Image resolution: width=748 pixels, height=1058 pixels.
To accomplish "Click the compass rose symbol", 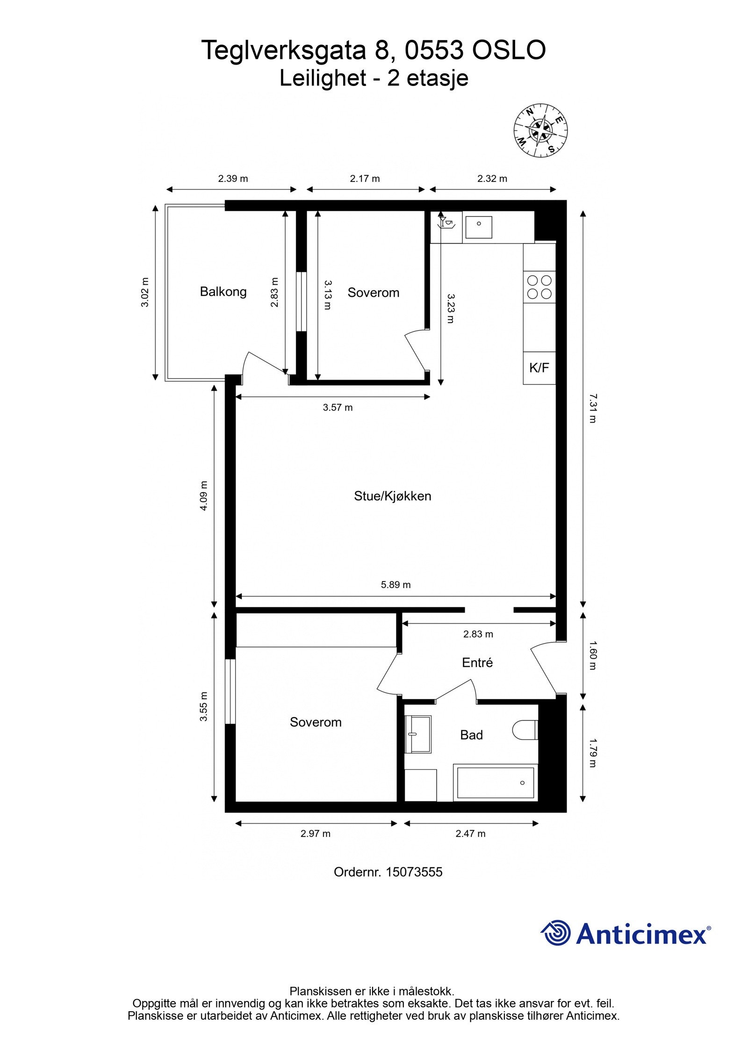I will [541, 130].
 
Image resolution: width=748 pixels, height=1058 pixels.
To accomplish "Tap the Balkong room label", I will [223, 292].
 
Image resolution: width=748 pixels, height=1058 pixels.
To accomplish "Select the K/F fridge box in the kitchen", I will [539, 368].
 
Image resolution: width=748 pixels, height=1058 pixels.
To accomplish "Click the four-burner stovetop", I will [539, 287].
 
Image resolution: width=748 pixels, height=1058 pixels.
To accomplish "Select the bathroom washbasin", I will [417, 734].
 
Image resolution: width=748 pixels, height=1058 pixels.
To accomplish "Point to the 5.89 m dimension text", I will [396, 584].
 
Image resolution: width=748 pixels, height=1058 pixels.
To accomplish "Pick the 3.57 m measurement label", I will [338, 408].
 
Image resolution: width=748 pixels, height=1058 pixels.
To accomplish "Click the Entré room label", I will [477, 662].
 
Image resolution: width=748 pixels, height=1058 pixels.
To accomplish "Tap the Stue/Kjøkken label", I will [392, 496].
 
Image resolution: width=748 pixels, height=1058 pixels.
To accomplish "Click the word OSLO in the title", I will [509, 50].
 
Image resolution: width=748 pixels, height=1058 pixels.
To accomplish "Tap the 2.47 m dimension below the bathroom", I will [470, 834].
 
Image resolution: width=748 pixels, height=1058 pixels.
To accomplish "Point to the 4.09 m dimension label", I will [204, 496].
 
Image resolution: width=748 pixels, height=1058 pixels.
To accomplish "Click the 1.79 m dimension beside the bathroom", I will [592, 753].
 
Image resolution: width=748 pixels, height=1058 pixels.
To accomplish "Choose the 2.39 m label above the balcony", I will [233, 179].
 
